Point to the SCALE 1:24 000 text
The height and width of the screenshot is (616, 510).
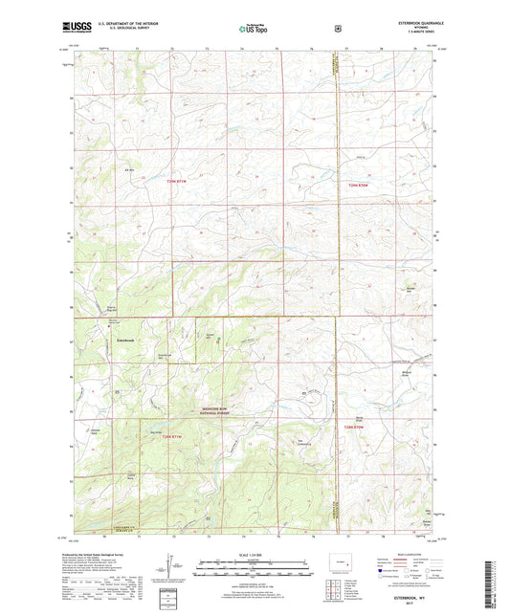point(255,555)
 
